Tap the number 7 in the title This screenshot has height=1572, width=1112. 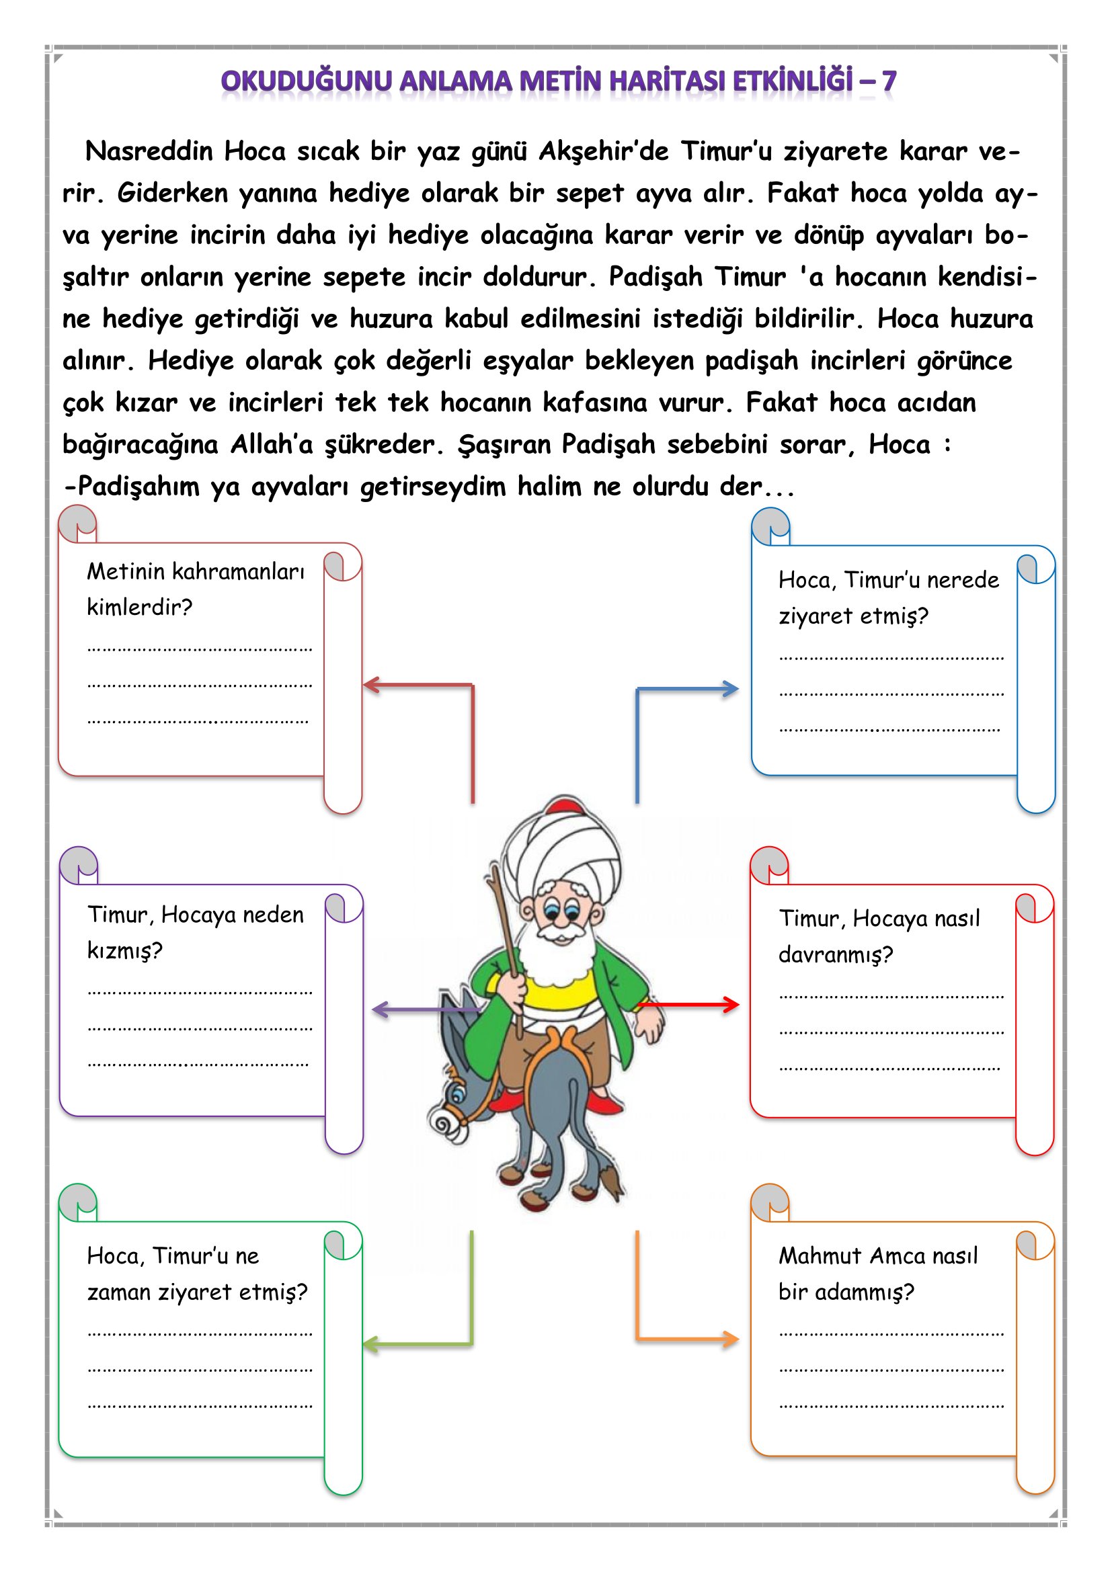[888, 81]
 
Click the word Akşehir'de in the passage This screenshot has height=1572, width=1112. [603, 151]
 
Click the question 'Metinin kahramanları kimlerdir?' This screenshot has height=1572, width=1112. [195, 589]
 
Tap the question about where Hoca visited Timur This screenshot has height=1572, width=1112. [888, 597]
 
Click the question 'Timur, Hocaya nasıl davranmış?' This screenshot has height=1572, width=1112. [879, 936]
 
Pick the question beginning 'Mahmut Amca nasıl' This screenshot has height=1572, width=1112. [878, 1274]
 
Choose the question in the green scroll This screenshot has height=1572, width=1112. [197, 1274]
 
